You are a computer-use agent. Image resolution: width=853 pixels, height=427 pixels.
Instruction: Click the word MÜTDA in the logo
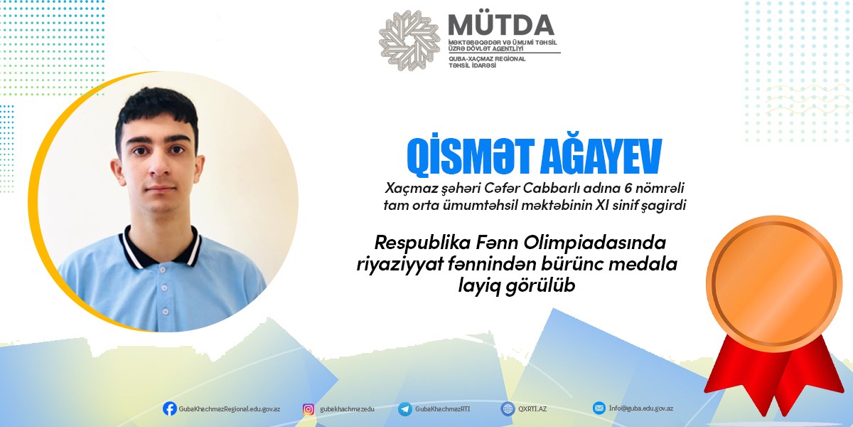pyautogui.click(x=501, y=25)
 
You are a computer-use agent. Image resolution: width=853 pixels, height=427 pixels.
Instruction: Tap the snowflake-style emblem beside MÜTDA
pyautogui.click(x=409, y=40)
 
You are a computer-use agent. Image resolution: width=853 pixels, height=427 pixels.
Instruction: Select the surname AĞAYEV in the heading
pyautogui.click(x=602, y=159)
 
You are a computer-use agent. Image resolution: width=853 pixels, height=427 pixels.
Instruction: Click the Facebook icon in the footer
pyautogui.click(x=170, y=408)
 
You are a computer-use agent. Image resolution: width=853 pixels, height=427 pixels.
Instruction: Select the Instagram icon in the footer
pyautogui.click(x=309, y=408)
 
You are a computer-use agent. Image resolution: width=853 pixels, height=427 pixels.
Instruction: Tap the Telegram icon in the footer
pyautogui.click(x=405, y=408)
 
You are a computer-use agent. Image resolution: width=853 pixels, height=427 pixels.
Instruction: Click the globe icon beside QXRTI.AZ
pyautogui.click(x=508, y=408)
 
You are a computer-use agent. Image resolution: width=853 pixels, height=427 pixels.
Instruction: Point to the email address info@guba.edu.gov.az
pyautogui.click(x=640, y=408)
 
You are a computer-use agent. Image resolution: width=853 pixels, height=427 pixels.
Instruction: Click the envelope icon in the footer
pyautogui.click(x=599, y=408)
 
